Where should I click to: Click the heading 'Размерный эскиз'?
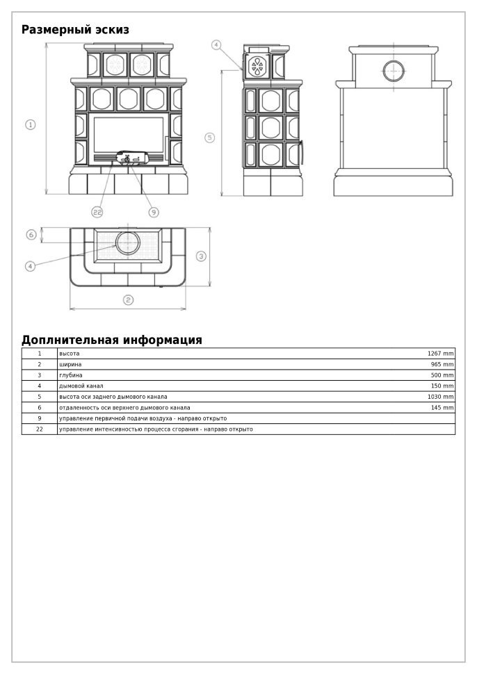point(75,30)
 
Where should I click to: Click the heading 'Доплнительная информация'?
point(111,340)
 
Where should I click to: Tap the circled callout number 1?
point(31,124)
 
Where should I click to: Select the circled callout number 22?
point(97,212)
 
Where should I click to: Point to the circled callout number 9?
point(154,212)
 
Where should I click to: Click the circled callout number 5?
point(210,138)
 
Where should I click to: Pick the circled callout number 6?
point(31,235)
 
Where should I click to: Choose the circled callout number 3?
point(201,256)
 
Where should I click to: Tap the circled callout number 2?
point(129,300)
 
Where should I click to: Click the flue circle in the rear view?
point(394,70)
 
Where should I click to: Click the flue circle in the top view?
point(127,243)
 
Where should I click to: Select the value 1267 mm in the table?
point(441,354)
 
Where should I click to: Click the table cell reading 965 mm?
point(442,365)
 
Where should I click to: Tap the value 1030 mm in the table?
point(441,397)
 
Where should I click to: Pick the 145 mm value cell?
point(442,408)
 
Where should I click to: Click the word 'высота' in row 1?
point(70,354)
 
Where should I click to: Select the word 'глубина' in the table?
point(71,375)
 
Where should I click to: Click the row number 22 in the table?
point(40,429)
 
